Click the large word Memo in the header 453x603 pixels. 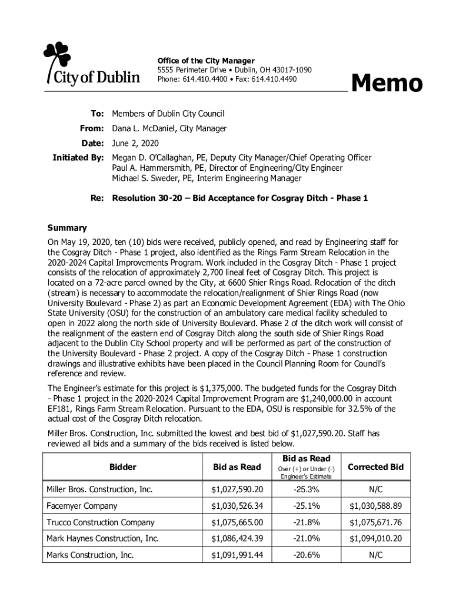coord(387,84)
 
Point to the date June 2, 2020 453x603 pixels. coord(135,144)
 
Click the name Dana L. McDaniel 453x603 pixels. coord(149,128)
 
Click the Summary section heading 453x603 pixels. coord(66,228)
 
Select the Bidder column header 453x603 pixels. coord(122,467)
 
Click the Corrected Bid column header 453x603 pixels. coord(375,467)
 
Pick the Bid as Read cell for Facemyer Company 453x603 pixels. coord(237,506)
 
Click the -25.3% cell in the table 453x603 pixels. coord(307,489)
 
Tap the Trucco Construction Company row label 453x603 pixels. coord(100,522)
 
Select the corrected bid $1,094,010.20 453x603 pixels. coord(375,539)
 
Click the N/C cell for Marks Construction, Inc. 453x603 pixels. coord(375,555)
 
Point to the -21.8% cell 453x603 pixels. coord(307,522)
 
